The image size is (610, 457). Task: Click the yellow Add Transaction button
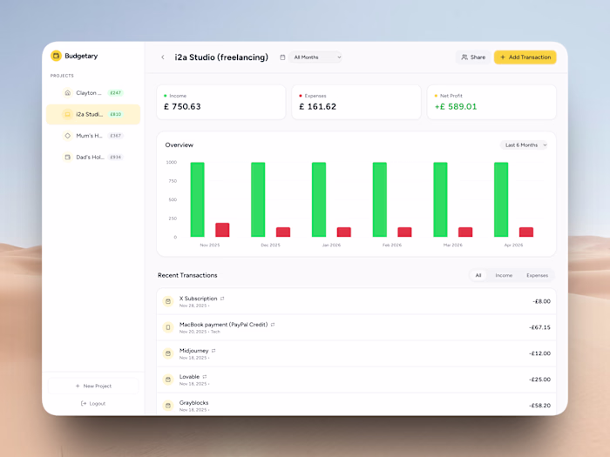coord(525,57)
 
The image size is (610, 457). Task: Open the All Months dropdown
coord(315,57)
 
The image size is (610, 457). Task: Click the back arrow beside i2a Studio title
coord(162,57)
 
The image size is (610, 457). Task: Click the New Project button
coord(93,386)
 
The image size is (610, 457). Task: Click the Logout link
coord(93,403)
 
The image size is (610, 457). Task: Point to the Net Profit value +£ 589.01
coord(456,107)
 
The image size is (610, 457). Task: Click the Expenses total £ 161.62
coord(317,107)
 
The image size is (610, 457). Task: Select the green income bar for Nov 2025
coord(198,199)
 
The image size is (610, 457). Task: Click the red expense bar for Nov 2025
coord(222,230)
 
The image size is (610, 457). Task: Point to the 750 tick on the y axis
coord(172,181)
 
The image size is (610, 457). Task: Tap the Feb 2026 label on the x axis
coord(392,245)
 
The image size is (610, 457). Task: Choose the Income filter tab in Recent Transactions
coord(504,275)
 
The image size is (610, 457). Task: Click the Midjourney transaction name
coord(193,351)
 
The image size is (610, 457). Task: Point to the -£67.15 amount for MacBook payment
coord(539,327)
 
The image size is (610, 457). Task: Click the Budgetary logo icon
coord(57,56)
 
